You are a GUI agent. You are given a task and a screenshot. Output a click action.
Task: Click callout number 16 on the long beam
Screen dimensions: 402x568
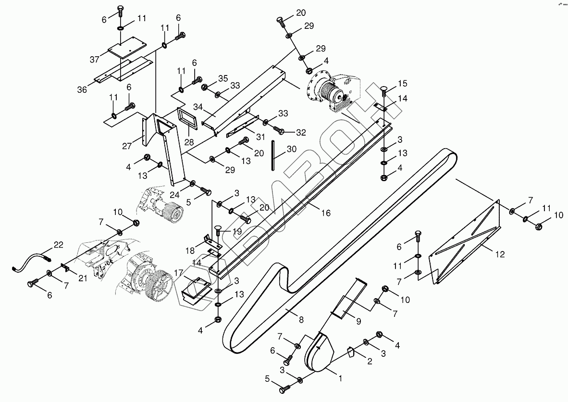(x=325, y=213)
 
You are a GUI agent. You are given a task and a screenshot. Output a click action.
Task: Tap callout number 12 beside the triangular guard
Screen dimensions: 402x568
(x=500, y=254)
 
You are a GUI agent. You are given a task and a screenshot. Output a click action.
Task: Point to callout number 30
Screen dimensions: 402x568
(x=292, y=149)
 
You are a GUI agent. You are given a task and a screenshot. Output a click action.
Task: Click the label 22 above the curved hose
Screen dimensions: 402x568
(x=58, y=245)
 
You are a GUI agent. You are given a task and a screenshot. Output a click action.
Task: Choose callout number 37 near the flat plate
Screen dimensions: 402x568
(x=94, y=59)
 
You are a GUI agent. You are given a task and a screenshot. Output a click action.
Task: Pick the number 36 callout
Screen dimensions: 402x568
(x=82, y=89)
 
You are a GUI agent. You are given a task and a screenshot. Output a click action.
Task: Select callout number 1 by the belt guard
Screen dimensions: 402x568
(x=340, y=378)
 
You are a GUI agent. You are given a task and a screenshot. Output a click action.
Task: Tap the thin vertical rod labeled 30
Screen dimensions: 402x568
(x=273, y=155)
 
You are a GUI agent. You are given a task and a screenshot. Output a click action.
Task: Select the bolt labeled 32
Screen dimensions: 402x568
(x=279, y=131)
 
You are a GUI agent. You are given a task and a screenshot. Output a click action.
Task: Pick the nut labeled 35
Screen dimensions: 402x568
(x=205, y=87)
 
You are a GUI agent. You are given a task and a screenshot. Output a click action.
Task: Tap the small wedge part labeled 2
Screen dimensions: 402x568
(x=350, y=353)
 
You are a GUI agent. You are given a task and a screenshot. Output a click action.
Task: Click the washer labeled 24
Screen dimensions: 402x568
(x=192, y=183)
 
